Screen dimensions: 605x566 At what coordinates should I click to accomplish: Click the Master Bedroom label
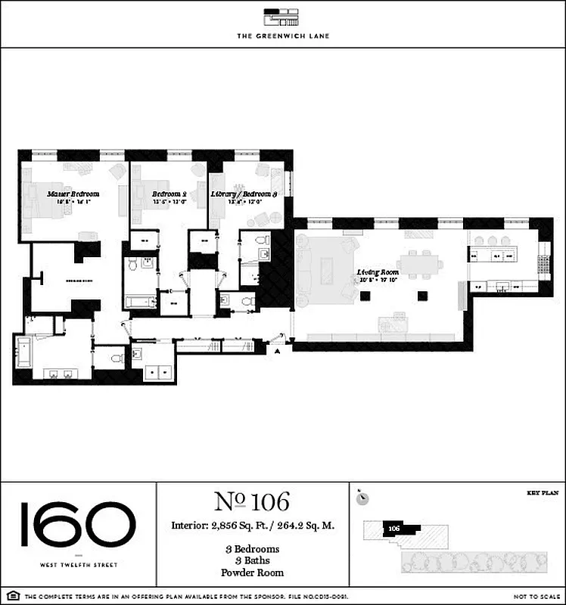(x=73, y=194)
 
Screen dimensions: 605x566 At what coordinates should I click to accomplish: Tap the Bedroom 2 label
(x=167, y=194)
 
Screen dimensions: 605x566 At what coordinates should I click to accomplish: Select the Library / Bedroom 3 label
(x=244, y=194)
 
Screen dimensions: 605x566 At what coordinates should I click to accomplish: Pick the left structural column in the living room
(x=367, y=295)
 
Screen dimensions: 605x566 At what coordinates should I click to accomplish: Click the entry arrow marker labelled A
(x=278, y=351)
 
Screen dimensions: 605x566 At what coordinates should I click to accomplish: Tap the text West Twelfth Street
(x=78, y=564)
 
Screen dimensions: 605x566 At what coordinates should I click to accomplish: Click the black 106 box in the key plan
(x=393, y=528)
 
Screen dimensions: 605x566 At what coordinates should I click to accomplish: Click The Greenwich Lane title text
(x=282, y=36)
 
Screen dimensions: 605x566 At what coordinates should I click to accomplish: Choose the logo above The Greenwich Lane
(x=282, y=16)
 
